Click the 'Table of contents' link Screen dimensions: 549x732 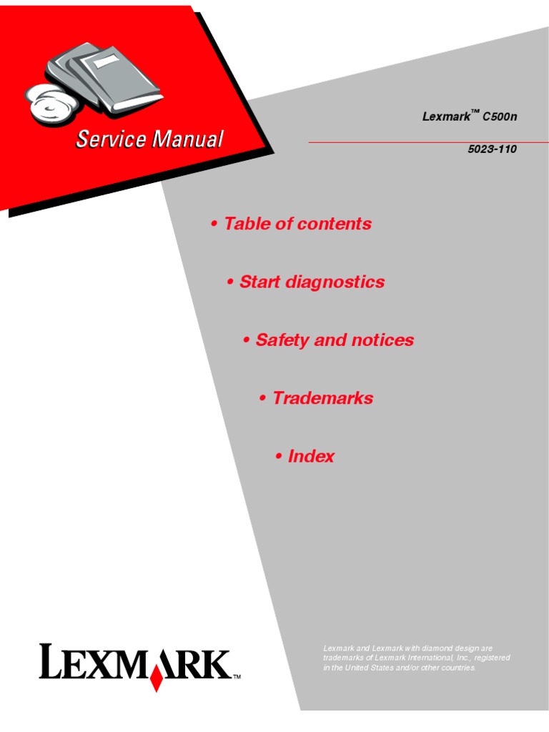[297, 224]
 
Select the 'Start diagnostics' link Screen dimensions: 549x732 [312, 282]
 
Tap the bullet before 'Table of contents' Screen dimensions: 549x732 [214, 224]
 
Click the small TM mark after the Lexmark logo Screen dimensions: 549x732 [237, 676]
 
